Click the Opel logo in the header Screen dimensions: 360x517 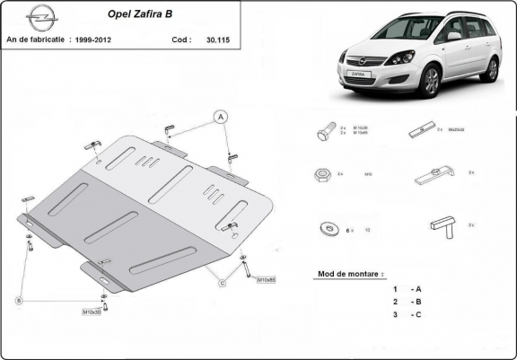click(39, 17)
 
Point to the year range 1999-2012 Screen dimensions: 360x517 click(119, 40)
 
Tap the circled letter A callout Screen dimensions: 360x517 click(220, 117)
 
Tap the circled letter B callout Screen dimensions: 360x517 click(18, 300)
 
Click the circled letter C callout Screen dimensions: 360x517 click(220, 283)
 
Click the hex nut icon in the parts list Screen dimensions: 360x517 click(320, 175)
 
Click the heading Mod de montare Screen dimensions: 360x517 click(351, 273)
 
